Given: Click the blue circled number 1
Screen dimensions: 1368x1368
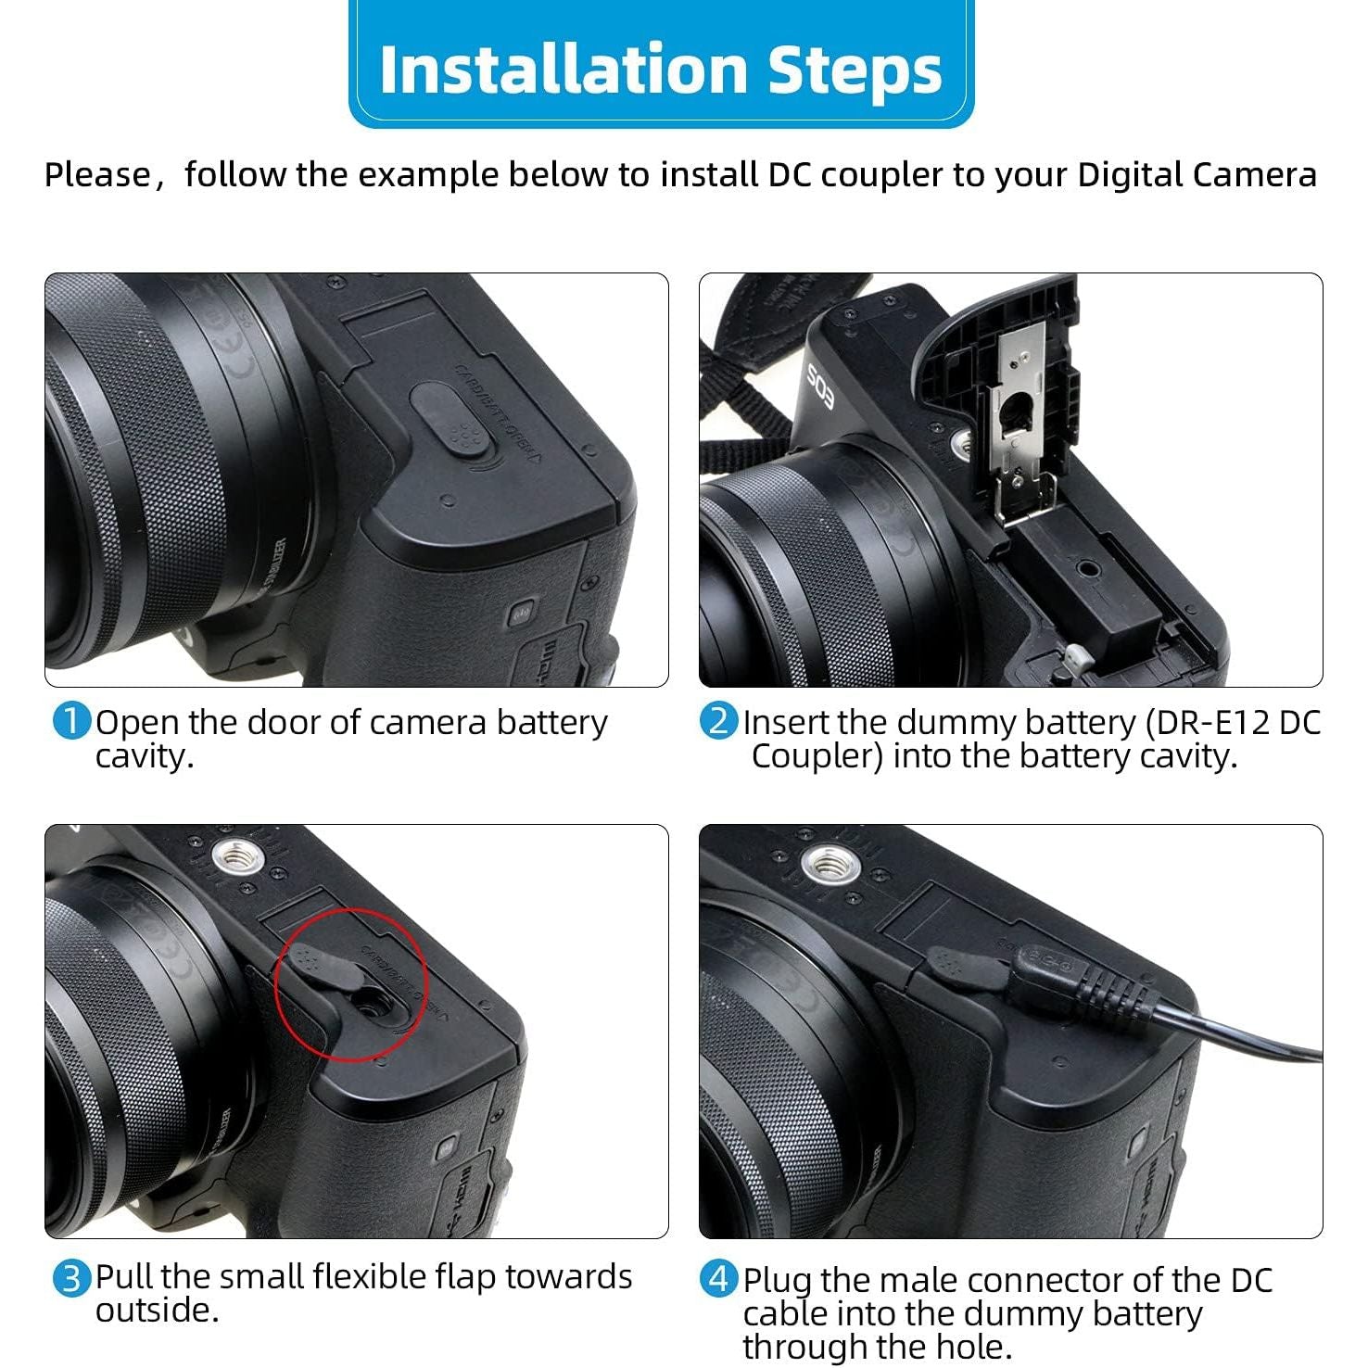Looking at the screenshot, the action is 71,722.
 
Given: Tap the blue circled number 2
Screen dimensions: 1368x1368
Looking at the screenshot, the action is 718,722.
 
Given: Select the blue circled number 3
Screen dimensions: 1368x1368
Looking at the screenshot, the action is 71,1279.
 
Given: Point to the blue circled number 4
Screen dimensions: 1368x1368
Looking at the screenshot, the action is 718,1279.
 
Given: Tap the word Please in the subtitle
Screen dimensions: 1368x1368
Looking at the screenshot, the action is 96,174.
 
